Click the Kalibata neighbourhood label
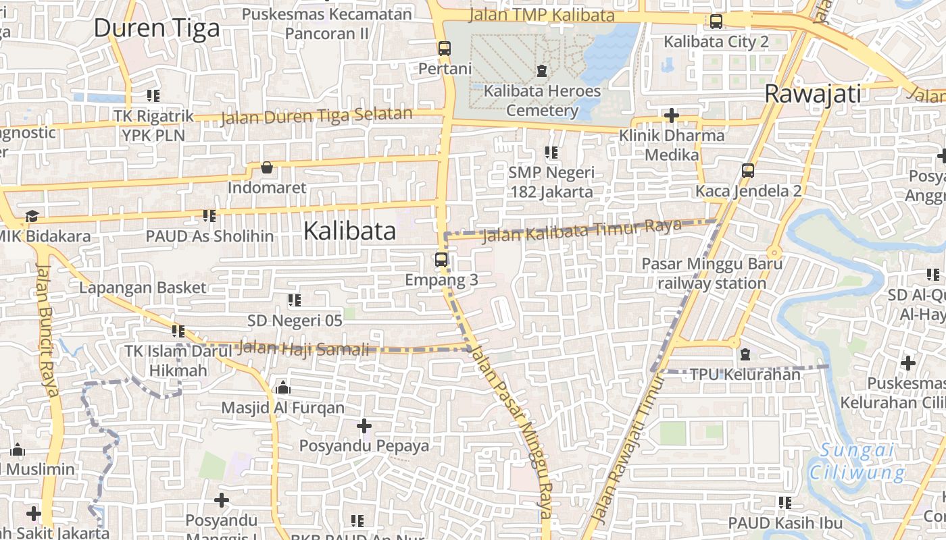point(349,231)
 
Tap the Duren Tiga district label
point(157,28)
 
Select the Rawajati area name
point(813,94)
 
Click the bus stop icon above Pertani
point(444,49)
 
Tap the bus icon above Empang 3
point(441,260)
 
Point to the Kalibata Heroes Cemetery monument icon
point(541,70)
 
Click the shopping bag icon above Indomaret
point(267,167)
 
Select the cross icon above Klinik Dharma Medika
point(671,115)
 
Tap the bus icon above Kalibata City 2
point(716,22)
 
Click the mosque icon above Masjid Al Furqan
point(283,387)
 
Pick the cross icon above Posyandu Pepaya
point(364,426)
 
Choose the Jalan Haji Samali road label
point(304,349)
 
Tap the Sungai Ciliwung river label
point(857,462)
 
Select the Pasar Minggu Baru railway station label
point(712,273)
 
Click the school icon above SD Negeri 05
point(295,300)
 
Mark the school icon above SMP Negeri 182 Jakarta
point(551,153)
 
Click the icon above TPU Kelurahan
point(745,354)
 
